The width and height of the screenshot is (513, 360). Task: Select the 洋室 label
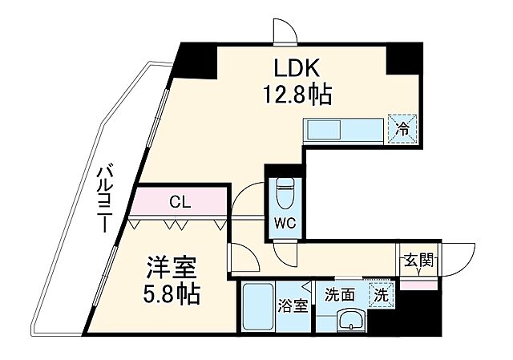[170, 265]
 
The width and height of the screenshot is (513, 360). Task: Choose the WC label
[285, 224]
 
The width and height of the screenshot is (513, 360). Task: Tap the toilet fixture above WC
[285, 192]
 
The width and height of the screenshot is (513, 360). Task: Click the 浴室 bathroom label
[290, 305]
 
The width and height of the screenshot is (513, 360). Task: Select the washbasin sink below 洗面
[349, 322]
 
